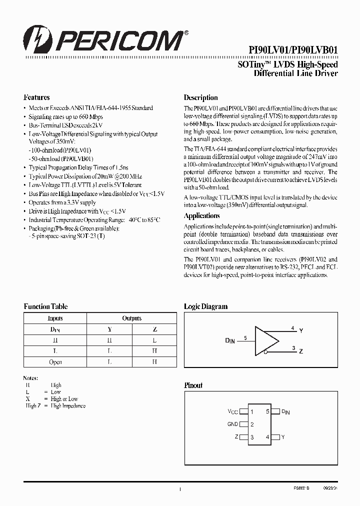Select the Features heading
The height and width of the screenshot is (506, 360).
36,97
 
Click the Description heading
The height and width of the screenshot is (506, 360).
200,97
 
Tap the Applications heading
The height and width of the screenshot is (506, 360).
201,216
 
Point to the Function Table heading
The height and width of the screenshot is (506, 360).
45,306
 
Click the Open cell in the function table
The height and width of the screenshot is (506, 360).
55,362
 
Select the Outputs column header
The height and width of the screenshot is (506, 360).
132,318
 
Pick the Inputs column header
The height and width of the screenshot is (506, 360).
55,318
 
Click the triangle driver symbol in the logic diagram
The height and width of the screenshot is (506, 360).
266,340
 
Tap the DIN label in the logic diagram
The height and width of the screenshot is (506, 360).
229,340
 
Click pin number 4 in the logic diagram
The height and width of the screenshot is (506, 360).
292,328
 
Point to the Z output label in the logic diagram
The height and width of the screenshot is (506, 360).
301,352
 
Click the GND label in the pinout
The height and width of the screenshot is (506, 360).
232,424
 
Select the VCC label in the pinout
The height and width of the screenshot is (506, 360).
233,411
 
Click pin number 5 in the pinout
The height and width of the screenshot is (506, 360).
267,411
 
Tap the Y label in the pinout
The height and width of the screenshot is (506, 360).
283,437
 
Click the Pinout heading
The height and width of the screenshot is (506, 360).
193,385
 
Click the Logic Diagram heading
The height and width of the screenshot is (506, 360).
205,306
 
